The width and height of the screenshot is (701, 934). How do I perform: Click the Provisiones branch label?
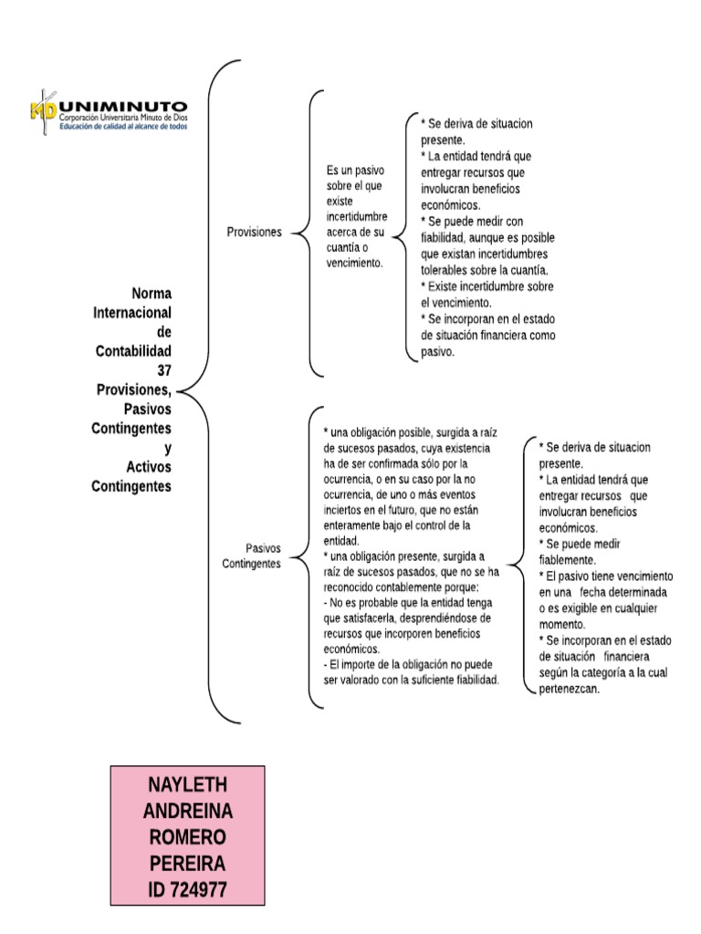pyautogui.click(x=254, y=233)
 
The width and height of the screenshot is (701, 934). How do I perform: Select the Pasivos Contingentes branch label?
pyautogui.click(x=251, y=555)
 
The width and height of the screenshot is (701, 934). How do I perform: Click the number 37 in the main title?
pyautogui.click(x=164, y=370)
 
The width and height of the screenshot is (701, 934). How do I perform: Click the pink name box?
pyautogui.click(x=188, y=836)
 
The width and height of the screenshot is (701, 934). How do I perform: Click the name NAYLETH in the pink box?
pyautogui.click(x=188, y=785)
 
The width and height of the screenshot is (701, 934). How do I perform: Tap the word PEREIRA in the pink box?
pyautogui.click(x=188, y=863)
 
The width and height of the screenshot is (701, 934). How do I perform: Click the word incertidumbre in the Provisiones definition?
pyautogui.click(x=357, y=217)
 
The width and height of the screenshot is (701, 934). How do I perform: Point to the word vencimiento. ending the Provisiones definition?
pyautogui.click(x=354, y=263)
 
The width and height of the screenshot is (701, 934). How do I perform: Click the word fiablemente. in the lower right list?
pyautogui.click(x=567, y=559)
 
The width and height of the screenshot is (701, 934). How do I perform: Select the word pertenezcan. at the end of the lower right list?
pyautogui.click(x=568, y=690)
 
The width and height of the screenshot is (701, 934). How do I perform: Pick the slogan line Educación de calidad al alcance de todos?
pyautogui.click(x=123, y=128)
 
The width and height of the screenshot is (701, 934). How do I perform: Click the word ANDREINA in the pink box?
pyautogui.click(x=188, y=811)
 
